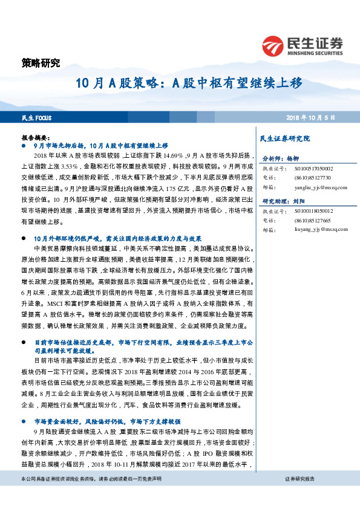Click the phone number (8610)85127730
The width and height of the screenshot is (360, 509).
tap(313, 178)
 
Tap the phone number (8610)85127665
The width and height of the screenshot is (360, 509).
tap(313, 221)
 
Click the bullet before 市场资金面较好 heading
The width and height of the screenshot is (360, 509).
tap(24, 421)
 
